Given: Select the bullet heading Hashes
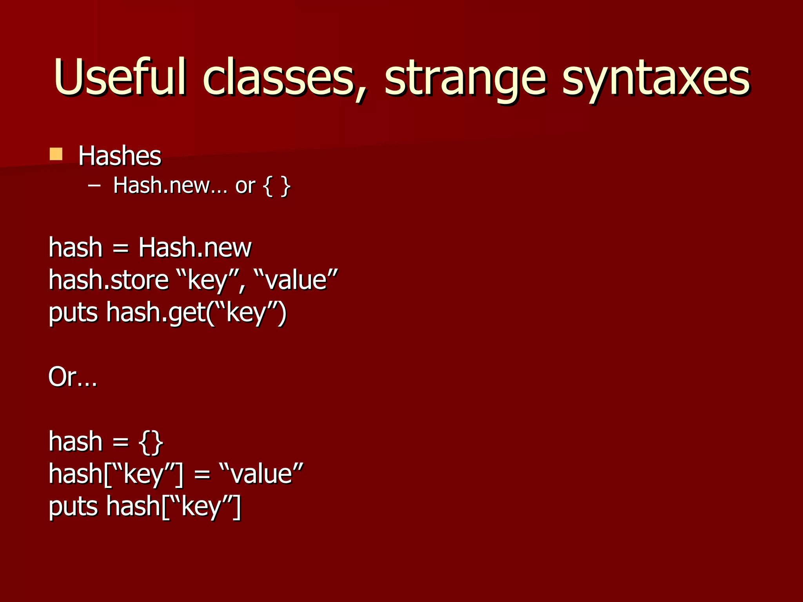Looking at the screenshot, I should (120, 156).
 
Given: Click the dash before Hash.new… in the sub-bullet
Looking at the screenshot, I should (94, 185).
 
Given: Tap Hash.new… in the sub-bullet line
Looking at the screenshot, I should (170, 185).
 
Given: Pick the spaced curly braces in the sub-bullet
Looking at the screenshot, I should (277, 186).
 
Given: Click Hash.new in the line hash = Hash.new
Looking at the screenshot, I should (195, 248).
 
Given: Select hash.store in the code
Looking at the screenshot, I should (109, 280).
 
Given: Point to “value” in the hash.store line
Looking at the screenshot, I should (296, 280).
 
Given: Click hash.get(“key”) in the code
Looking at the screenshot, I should (196, 313).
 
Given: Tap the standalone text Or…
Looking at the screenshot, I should (73, 377).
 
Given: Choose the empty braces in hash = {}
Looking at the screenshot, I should (151, 442).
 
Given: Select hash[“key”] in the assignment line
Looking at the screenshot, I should (116, 474).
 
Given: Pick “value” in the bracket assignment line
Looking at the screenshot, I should (261, 474).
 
